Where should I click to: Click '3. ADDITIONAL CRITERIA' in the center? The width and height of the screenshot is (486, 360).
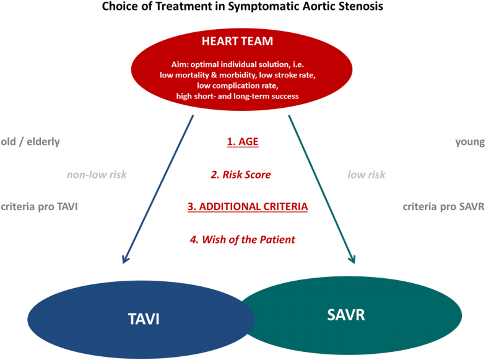248,206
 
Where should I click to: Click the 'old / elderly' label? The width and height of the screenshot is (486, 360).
31,142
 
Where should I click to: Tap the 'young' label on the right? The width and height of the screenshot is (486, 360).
469,142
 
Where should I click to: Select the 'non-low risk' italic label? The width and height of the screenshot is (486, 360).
97,175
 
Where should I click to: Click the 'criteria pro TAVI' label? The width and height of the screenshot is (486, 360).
40,206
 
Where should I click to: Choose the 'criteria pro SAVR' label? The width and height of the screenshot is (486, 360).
443,206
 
